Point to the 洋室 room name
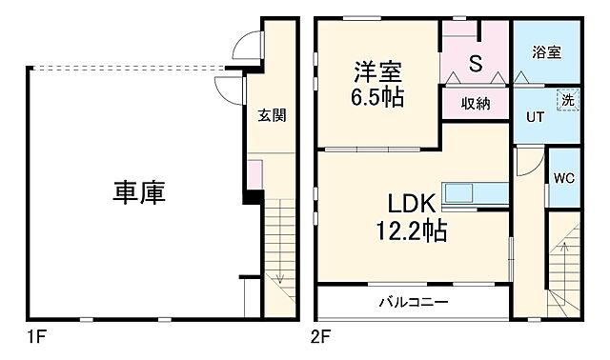click(x=379, y=72)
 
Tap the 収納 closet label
click(x=475, y=103)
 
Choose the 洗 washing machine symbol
click(x=566, y=99)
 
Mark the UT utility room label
click(x=537, y=117)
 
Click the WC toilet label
click(x=564, y=177)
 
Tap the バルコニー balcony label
click(x=416, y=302)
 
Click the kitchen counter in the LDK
click(x=477, y=192)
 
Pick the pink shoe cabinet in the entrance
click(x=254, y=176)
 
